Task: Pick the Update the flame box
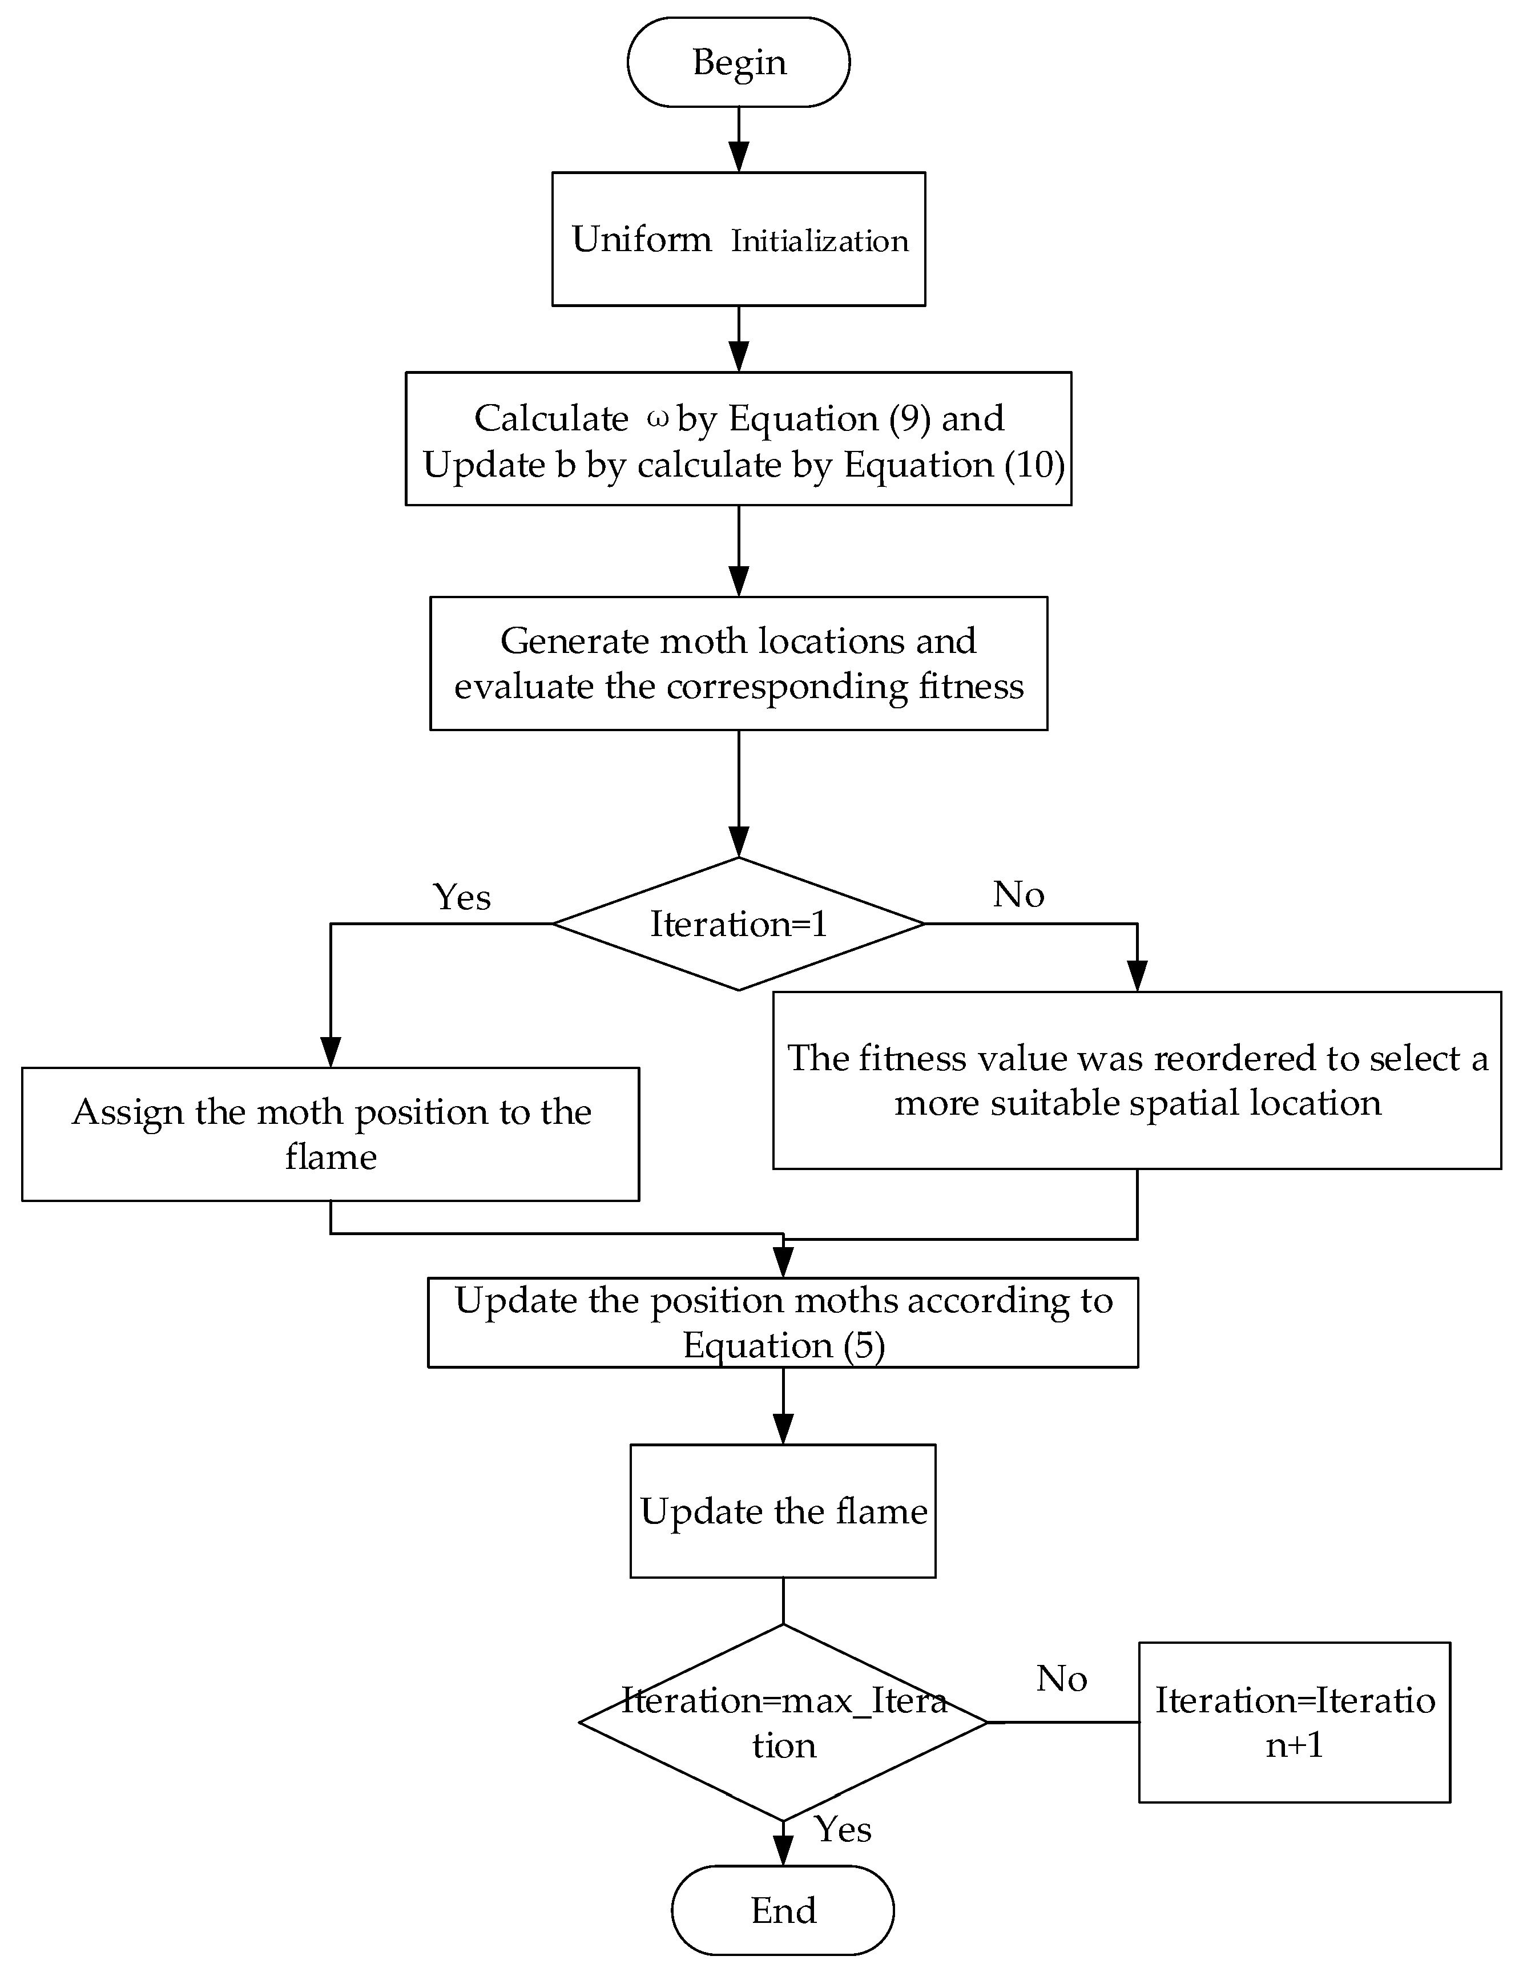pos(782,1511)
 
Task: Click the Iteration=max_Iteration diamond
pos(782,1722)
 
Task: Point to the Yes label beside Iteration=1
pos(461,897)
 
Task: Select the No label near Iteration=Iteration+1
pos(1062,1678)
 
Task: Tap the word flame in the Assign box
pos(331,1156)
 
